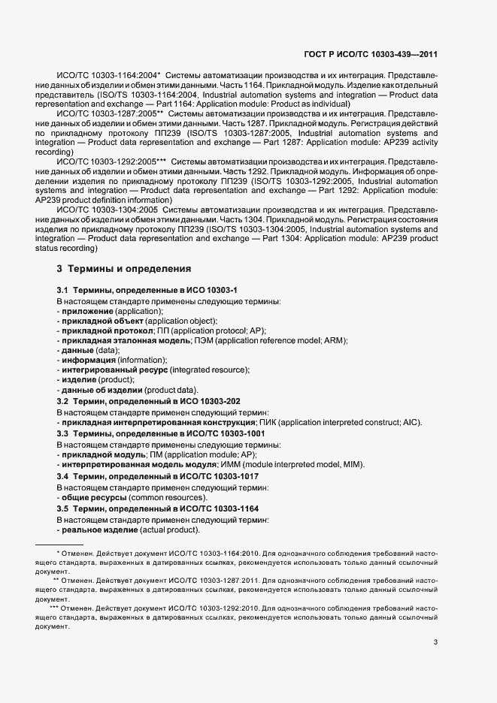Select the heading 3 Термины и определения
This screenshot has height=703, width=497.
point(124,268)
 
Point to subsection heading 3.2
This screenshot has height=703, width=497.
point(149,401)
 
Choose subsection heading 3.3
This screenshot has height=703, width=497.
point(161,433)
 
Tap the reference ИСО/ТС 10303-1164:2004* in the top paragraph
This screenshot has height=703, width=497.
point(108,76)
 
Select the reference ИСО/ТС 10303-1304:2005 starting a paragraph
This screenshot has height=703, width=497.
point(108,210)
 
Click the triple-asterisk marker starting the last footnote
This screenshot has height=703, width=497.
point(54,608)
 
